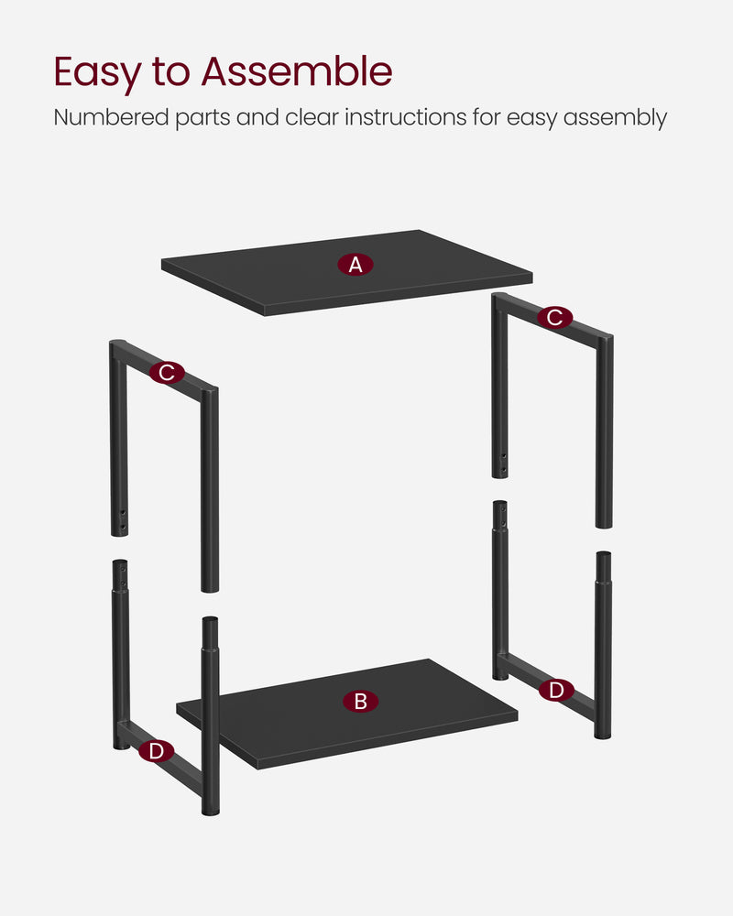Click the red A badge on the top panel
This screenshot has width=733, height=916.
pos(356,265)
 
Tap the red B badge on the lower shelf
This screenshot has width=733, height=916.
pos(360,702)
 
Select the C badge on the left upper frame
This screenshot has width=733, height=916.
pos(166,373)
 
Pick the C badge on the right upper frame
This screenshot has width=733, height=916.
pos(554,318)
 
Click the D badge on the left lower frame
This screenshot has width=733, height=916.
pos(157,751)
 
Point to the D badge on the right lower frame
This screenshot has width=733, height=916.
pos(556,691)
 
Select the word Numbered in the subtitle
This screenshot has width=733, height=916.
pos(107,118)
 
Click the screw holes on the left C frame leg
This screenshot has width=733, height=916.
pos(122,518)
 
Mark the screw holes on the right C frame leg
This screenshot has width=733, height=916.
pos(502,463)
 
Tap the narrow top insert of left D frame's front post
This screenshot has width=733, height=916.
pos(210,632)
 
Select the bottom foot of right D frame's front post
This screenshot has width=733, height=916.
pos(603,733)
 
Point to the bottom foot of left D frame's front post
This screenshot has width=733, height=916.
pos(210,808)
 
